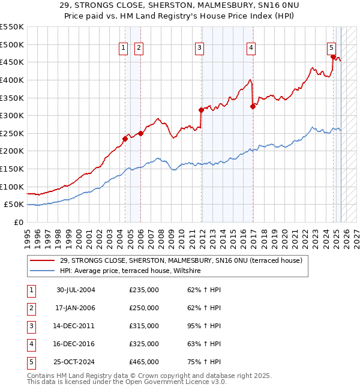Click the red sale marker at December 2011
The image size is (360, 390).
(x=202, y=110)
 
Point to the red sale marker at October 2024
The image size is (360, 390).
(x=333, y=56)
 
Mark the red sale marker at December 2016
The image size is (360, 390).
(x=253, y=106)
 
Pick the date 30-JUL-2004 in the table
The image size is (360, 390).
(x=76, y=290)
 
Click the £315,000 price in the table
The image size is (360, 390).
(x=144, y=326)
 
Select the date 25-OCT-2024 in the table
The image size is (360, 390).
(x=76, y=362)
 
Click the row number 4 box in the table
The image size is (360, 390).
(x=31, y=344)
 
